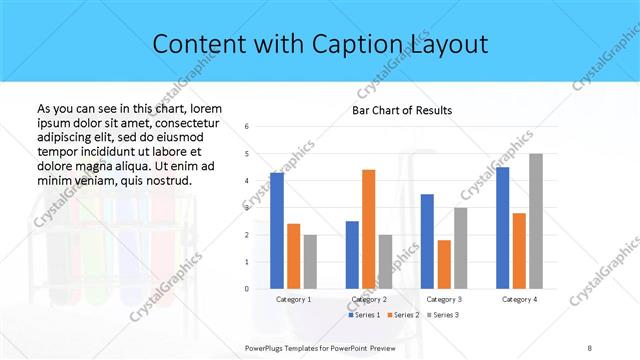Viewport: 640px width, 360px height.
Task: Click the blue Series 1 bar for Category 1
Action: coord(276,231)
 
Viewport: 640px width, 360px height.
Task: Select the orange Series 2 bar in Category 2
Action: coord(368,229)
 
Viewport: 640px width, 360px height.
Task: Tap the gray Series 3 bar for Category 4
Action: coord(536,221)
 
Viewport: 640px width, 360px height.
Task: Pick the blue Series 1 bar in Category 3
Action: coord(427,241)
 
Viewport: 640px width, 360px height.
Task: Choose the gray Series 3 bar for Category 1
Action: coord(310,262)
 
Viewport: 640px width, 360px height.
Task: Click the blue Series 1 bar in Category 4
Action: coord(502,228)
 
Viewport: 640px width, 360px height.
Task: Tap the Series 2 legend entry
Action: coord(403,315)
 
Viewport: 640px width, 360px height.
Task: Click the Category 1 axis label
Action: coord(293,299)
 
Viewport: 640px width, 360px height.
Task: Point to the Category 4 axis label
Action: coord(519,299)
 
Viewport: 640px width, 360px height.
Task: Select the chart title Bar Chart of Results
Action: coord(402,110)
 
